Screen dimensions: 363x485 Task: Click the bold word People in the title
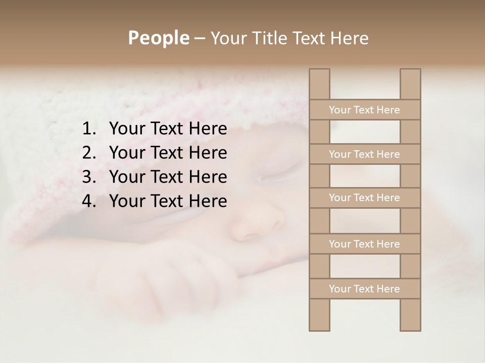pos(158,38)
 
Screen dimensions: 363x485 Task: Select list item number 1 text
pos(168,129)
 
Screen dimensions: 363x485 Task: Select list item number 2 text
pos(168,153)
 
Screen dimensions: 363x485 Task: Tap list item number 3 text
pos(168,177)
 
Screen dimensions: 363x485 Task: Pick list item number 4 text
pos(168,201)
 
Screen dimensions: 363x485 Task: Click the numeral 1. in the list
pos(88,129)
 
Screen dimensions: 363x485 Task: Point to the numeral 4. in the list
pos(88,201)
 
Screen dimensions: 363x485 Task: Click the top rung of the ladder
pos(364,110)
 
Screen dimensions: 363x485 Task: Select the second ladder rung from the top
pos(364,154)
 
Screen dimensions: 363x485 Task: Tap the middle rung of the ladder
pos(364,198)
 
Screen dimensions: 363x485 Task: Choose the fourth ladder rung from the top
pos(364,244)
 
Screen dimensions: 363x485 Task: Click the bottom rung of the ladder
pos(364,289)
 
